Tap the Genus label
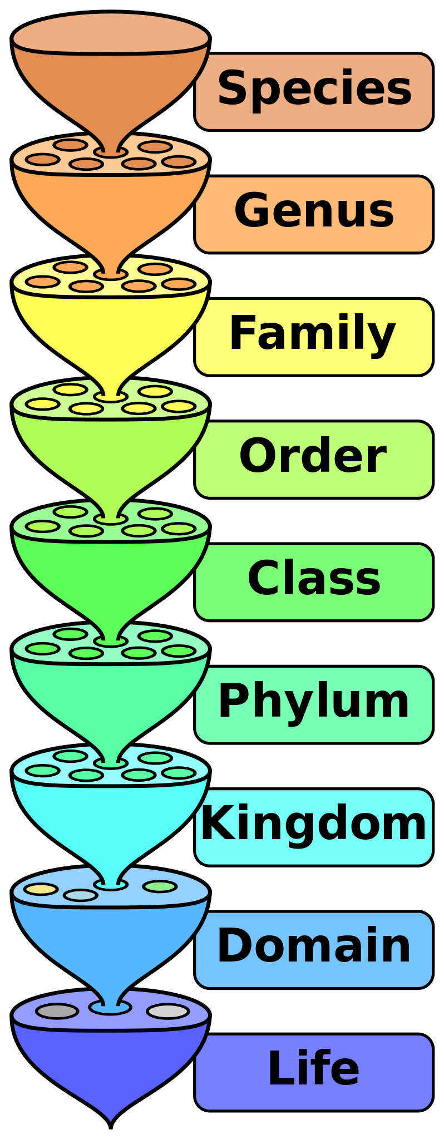coord(314,211)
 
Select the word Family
coord(313,334)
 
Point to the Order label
coord(313,457)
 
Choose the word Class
coord(314,579)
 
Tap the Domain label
coord(314,946)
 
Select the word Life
coord(314,1069)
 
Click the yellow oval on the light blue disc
coord(41,889)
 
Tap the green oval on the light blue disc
coord(160,886)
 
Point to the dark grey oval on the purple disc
coord(57,1011)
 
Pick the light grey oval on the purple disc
coord(167,1011)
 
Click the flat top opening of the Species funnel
coord(111,33)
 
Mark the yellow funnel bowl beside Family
coord(111,328)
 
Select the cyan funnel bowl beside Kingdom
coord(111,818)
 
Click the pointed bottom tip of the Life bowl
coord(111,1118)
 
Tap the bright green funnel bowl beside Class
coord(111,573)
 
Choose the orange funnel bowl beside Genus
coord(111,206)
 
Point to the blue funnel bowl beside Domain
coord(111,940)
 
